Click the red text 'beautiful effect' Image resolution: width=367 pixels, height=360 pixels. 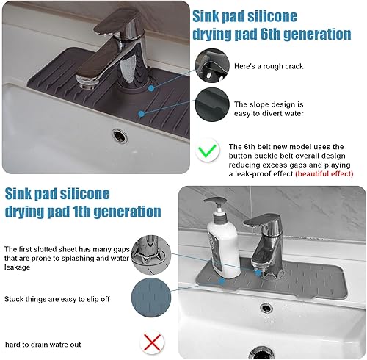coord(322,174)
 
